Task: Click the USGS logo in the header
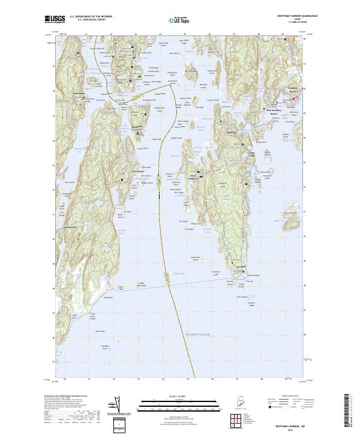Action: (x=55, y=19)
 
